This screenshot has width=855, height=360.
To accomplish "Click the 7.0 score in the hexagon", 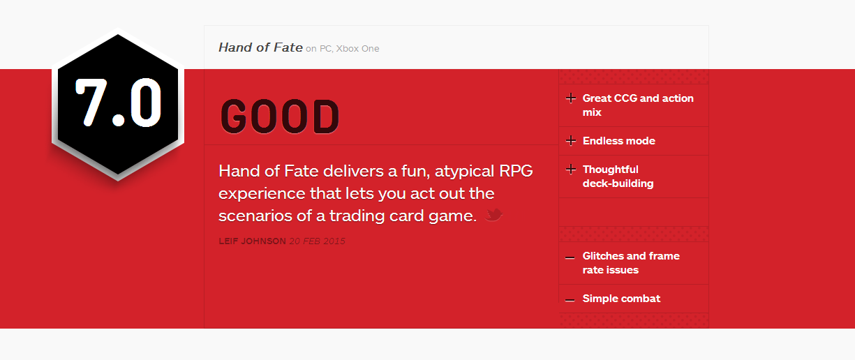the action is click(119, 102).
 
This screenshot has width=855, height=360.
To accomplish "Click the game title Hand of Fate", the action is click(260, 47).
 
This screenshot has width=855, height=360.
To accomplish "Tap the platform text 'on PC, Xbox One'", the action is click(343, 48).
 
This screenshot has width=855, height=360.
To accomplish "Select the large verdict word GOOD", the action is click(280, 117).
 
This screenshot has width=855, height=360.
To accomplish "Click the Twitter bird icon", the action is click(493, 215).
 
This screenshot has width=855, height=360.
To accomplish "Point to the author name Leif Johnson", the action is click(252, 241).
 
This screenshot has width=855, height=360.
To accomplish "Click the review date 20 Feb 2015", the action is click(317, 241).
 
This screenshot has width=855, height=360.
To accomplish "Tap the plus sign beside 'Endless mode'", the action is click(571, 141).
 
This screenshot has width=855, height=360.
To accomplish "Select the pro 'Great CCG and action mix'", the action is click(638, 105).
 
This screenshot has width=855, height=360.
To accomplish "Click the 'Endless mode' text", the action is click(618, 141).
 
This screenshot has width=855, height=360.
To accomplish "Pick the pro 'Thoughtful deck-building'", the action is click(618, 177).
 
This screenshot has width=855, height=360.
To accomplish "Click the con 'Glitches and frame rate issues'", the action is click(631, 263).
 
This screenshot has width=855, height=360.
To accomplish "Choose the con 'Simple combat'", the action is click(621, 298).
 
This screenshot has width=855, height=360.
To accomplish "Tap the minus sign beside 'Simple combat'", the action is click(570, 300).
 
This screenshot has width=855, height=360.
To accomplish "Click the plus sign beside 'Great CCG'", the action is click(571, 98).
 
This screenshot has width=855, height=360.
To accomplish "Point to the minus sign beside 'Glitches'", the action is click(570, 257).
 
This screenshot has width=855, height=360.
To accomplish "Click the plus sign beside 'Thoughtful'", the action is click(571, 169).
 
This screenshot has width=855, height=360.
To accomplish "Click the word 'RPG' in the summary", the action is click(516, 171).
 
